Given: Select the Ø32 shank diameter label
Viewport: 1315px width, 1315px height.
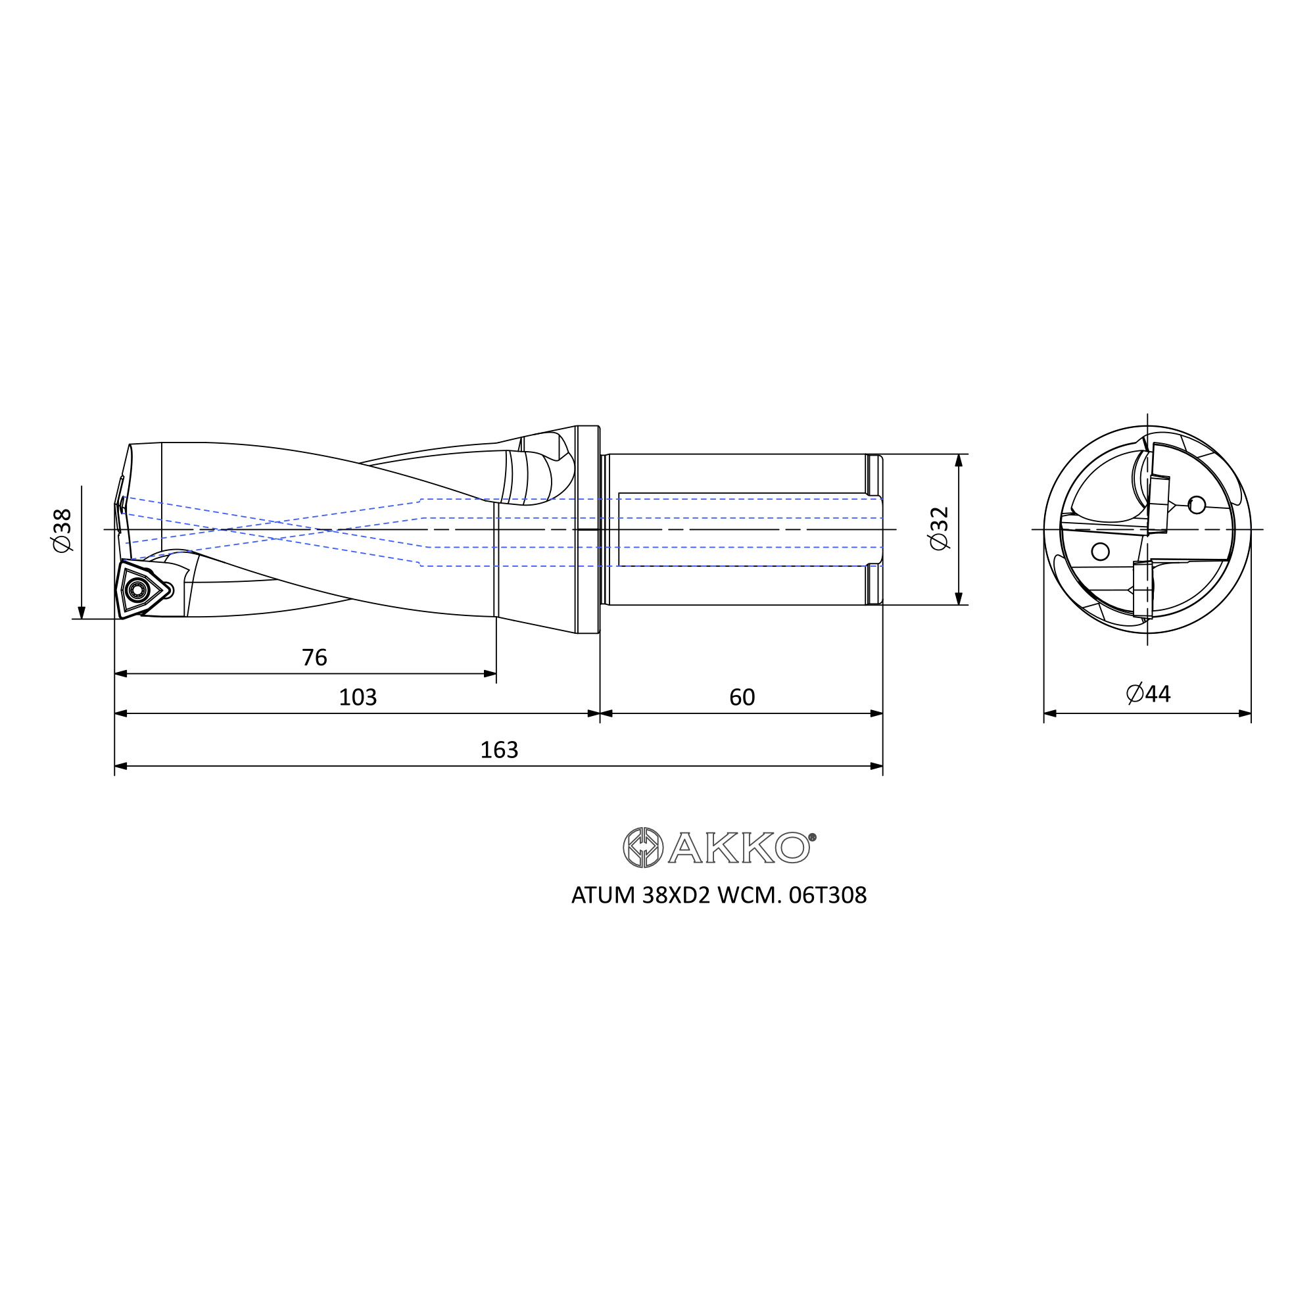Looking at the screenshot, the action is click(x=939, y=529).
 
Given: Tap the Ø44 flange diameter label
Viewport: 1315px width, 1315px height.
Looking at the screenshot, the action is click(x=1148, y=694).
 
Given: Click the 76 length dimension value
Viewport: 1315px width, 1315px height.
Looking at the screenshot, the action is click(x=314, y=657).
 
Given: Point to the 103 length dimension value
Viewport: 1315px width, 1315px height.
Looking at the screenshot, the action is click(x=358, y=697).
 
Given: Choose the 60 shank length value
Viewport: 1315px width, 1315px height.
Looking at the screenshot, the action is click(x=742, y=697).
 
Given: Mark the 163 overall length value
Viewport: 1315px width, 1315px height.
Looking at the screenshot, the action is click(x=500, y=750).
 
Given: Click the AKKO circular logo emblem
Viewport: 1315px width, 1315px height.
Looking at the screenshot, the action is click(x=643, y=848).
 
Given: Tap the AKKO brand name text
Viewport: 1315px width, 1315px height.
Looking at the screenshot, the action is click(x=740, y=848).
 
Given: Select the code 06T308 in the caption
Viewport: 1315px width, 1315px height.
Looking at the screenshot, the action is click(x=828, y=896).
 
